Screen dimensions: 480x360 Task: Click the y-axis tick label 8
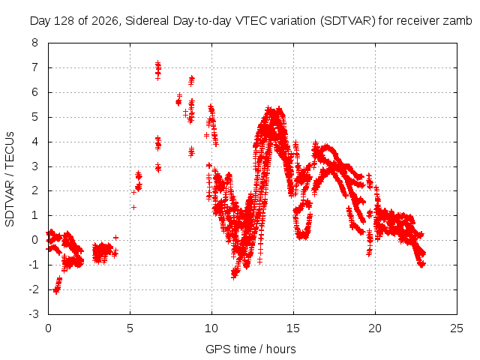(34, 43)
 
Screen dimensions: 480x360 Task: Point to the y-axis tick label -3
(34, 314)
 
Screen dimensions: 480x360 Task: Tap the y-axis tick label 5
(34, 117)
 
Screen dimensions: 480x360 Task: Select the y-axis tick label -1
(34, 265)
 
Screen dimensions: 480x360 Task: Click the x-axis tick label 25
(457, 328)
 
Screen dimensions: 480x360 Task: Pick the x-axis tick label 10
(211, 328)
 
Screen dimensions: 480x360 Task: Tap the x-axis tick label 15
(293, 328)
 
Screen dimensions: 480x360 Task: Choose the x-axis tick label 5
(130, 328)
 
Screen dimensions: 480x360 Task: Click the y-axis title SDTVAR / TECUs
(10, 179)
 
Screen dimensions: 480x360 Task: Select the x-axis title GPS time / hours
(250, 349)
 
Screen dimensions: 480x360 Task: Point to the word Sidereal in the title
(147, 21)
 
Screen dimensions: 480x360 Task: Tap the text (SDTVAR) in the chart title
(348, 21)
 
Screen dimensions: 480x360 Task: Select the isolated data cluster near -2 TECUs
(57, 286)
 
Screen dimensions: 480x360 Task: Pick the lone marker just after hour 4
(115, 238)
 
